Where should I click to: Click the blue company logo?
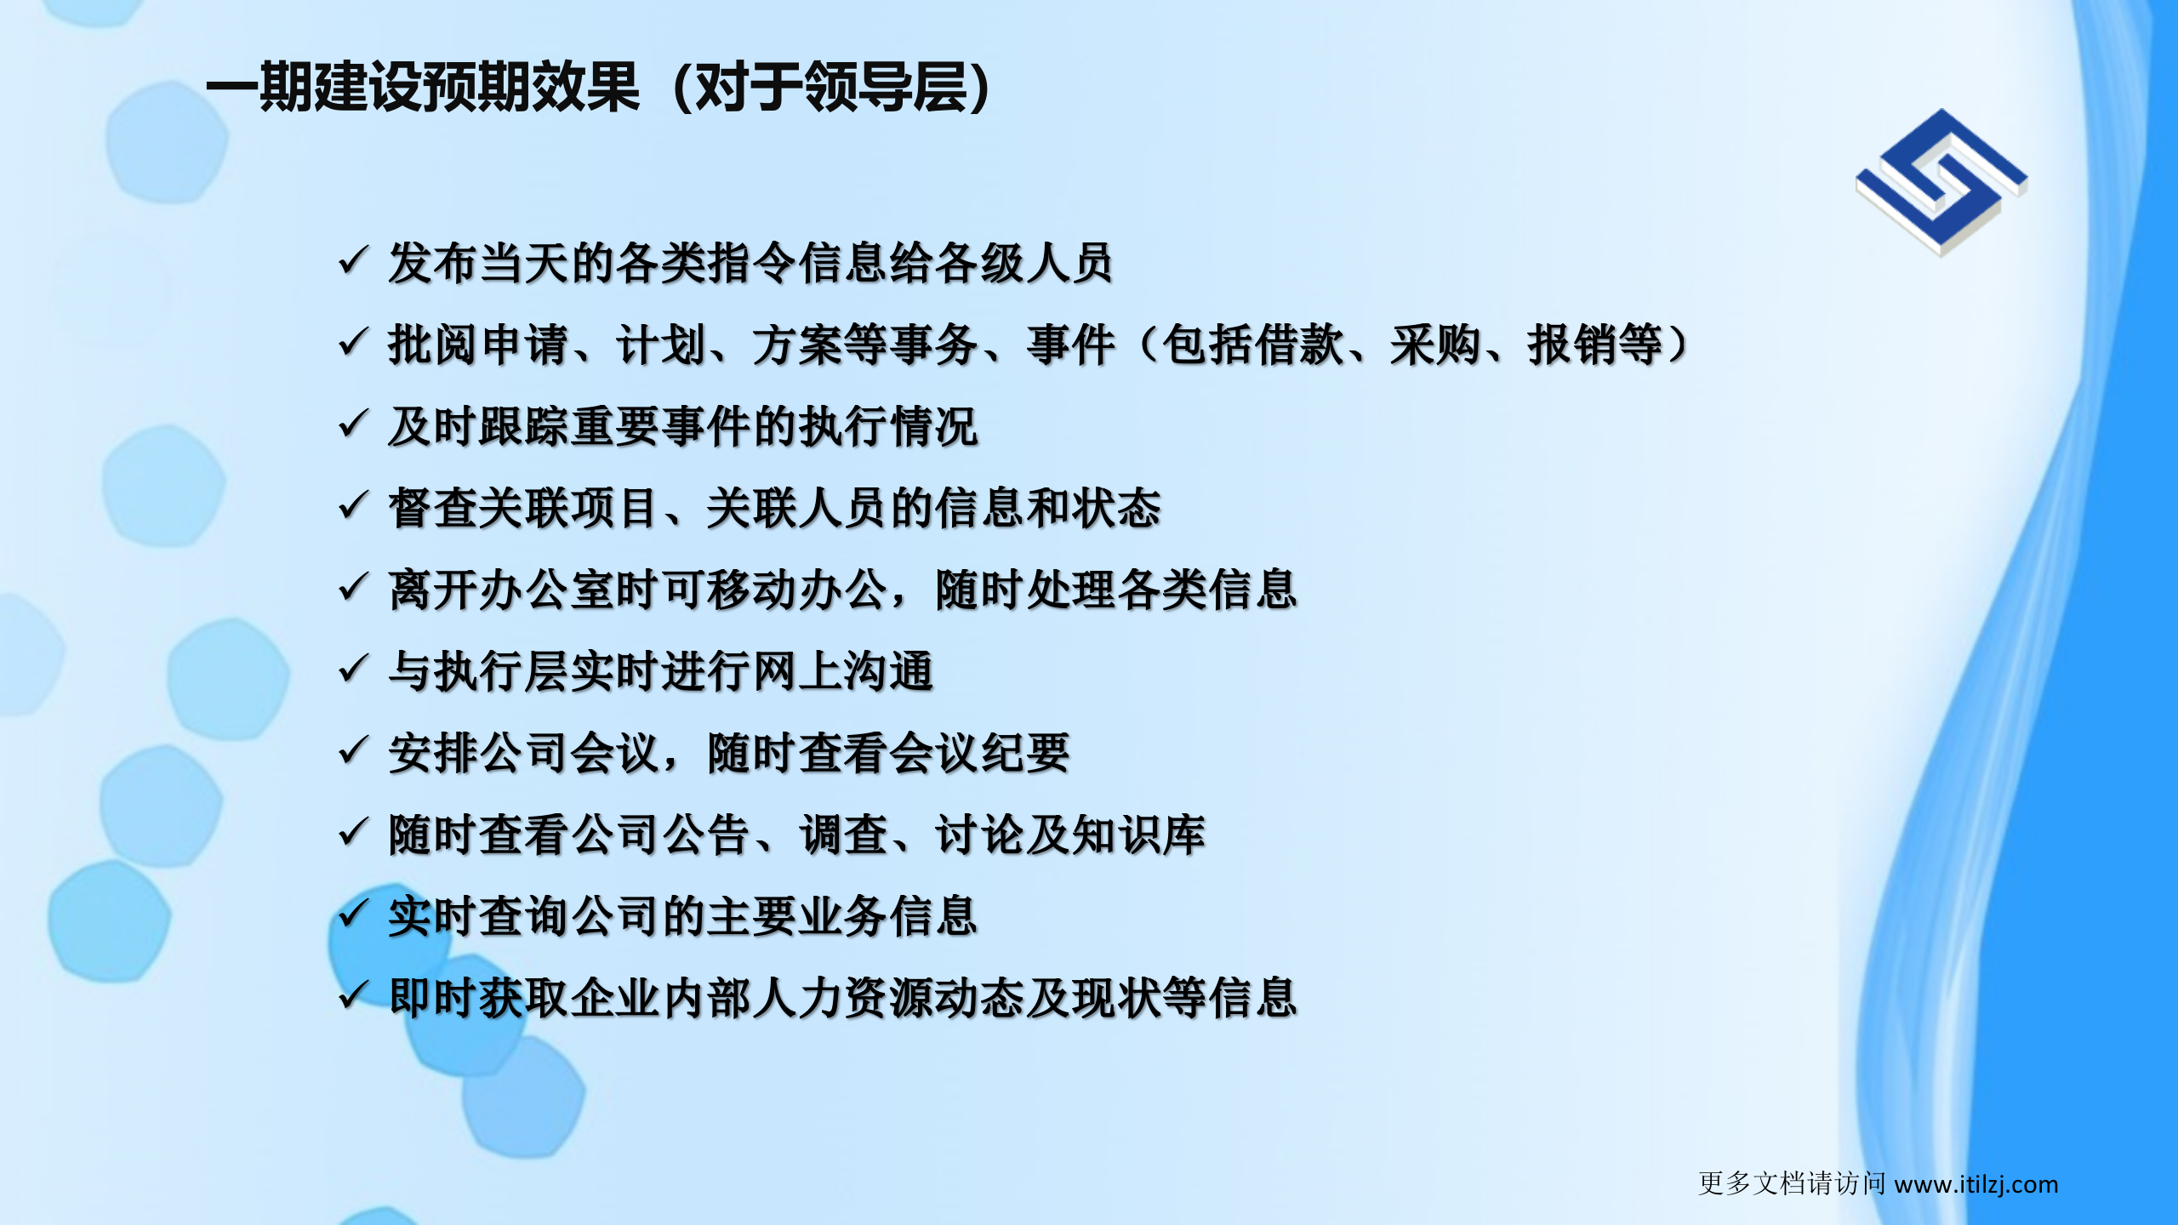click(x=1941, y=182)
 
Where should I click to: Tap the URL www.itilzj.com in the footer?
click(x=1976, y=1184)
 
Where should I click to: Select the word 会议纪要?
click(x=978, y=754)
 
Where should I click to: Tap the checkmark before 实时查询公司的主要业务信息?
click(x=352, y=914)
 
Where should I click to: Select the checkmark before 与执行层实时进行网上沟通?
click(x=352, y=669)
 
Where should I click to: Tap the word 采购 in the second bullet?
click(x=1435, y=345)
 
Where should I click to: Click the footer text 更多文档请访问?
click(x=1792, y=1184)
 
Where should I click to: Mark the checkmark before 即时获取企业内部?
click(x=352, y=995)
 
